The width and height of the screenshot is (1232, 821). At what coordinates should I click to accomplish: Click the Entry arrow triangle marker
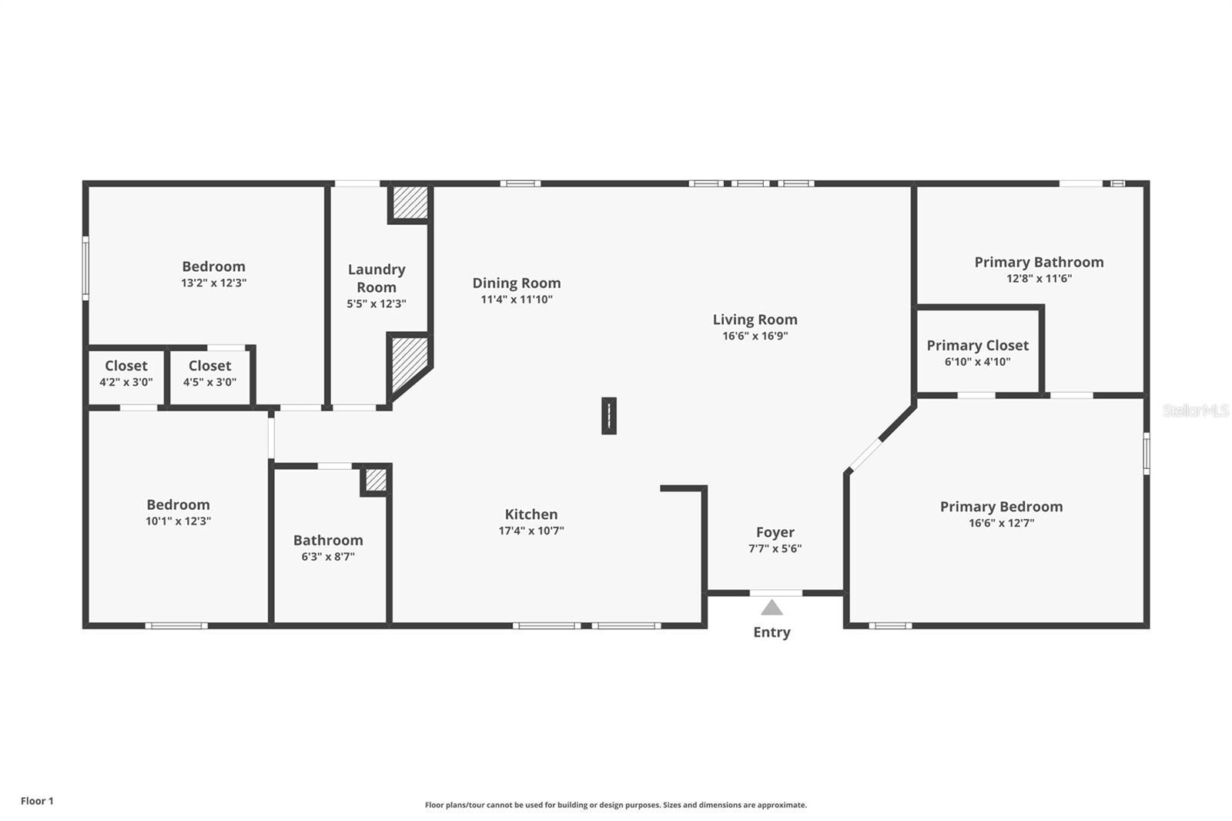tap(772, 608)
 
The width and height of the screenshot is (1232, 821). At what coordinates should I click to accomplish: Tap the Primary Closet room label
tap(977, 345)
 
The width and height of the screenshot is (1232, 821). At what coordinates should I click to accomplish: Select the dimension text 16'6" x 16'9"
tap(755, 336)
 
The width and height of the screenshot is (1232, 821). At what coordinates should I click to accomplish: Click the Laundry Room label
tap(376, 278)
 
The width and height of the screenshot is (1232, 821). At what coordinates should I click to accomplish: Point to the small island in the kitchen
tap(608, 416)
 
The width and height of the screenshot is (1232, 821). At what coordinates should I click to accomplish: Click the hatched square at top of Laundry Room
tap(410, 202)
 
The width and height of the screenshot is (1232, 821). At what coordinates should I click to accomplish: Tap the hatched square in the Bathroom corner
tap(376, 480)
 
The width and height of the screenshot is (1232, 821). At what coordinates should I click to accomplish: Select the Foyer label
tap(775, 532)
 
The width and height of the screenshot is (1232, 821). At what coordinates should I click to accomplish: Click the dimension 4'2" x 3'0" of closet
tap(126, 382)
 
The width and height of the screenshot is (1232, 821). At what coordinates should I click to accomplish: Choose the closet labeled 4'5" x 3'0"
tap(209, 374)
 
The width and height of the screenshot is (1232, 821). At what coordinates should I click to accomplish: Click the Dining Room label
tap(516, 283)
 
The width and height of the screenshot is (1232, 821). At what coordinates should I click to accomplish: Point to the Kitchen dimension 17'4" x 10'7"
tap(531, 531)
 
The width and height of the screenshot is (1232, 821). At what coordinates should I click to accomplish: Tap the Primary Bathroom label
tap(1039, 262)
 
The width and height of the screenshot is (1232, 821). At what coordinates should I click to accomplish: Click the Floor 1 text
tap(37, 801)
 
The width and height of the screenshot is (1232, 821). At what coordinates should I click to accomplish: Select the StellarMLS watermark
tap(1195, 410)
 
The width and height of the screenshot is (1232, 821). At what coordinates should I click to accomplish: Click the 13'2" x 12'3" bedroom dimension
tap(213, 283)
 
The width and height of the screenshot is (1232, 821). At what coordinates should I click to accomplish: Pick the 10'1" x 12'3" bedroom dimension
tap(178, 521)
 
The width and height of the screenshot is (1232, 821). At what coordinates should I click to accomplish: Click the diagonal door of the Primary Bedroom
tap(864, 454)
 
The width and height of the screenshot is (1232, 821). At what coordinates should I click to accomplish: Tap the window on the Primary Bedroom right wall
tap(1146, 453)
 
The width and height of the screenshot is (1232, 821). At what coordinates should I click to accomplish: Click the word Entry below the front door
tap(772, 632)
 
